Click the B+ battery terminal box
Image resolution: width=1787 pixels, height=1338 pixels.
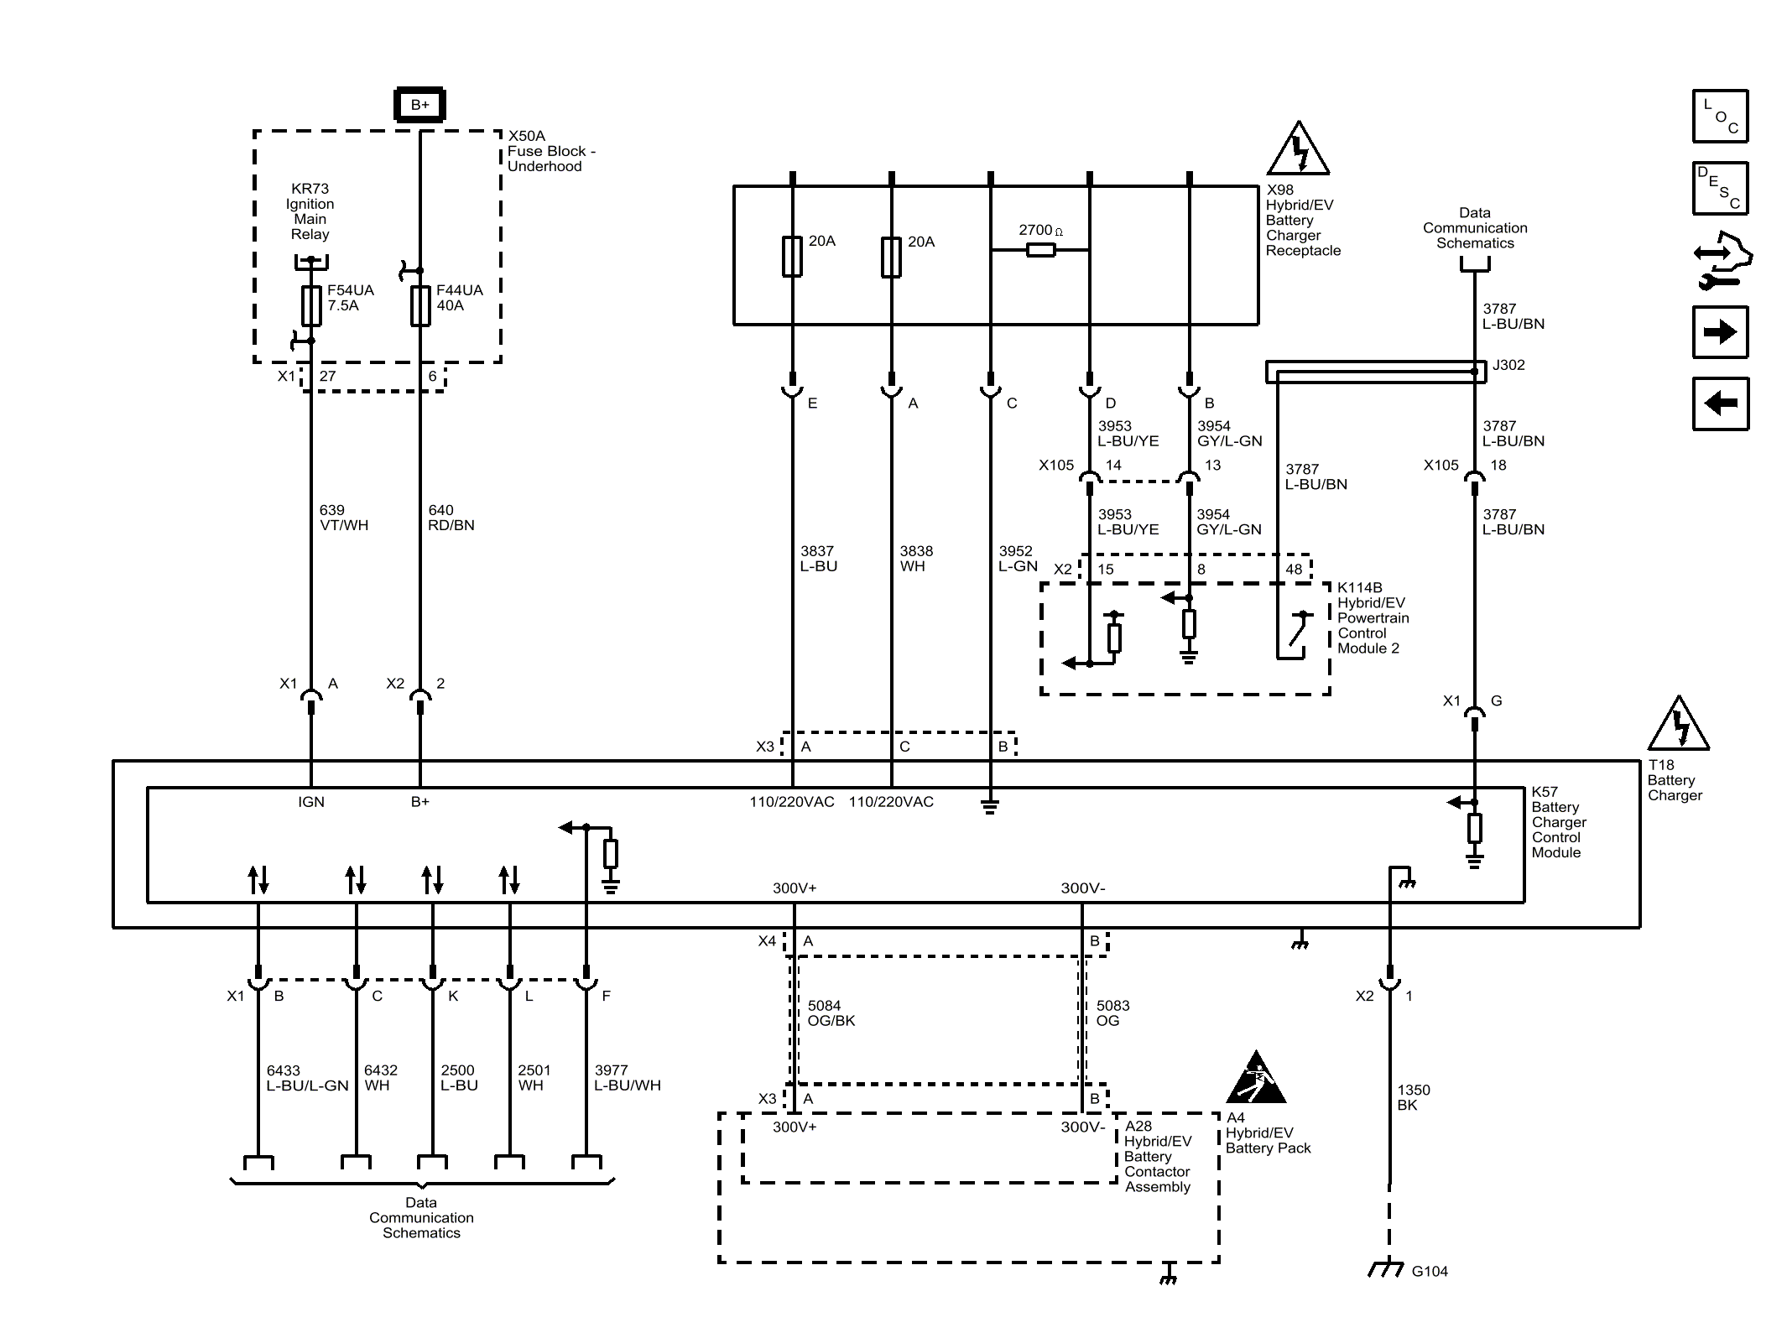click(x=419, y=105)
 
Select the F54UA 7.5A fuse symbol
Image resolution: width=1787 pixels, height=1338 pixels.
click(x=311, y=305)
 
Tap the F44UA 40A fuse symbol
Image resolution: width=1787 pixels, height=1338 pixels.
click(x=420, y=305)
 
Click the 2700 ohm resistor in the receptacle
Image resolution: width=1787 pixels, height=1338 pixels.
click(x=1040, y=249)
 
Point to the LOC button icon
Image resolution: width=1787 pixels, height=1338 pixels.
click(x=1721, y=116)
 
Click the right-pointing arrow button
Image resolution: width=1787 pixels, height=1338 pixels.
click(x=1721, y=332)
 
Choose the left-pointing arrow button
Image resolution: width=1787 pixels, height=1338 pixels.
click(x=1721, y=403)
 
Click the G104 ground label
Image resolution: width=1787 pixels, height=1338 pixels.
click(x=1430, y=1272)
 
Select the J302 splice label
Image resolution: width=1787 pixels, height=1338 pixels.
click(x=1508, y=365)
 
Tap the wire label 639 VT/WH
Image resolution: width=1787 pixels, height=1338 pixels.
click(x=344, y=518)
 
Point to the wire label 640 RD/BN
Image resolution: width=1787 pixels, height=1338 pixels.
click(x=451, y=518)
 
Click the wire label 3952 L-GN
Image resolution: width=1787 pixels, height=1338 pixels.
click(x=1019, y=559)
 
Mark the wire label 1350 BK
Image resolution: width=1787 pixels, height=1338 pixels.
click(x=1414, y=1097)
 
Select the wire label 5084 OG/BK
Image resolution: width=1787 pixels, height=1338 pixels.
click(x=831, y=1013)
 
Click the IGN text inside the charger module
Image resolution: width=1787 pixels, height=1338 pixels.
click(x=311, y=802)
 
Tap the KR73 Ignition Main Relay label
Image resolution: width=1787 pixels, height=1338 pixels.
click(x=310, y=211)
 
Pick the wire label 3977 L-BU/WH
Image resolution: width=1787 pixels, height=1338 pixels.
click(x=628, y=1077)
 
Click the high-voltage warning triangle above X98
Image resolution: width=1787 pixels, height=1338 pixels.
click(x=1298, y=148)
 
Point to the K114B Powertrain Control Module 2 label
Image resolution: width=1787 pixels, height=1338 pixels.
click(x=1373, y=618)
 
